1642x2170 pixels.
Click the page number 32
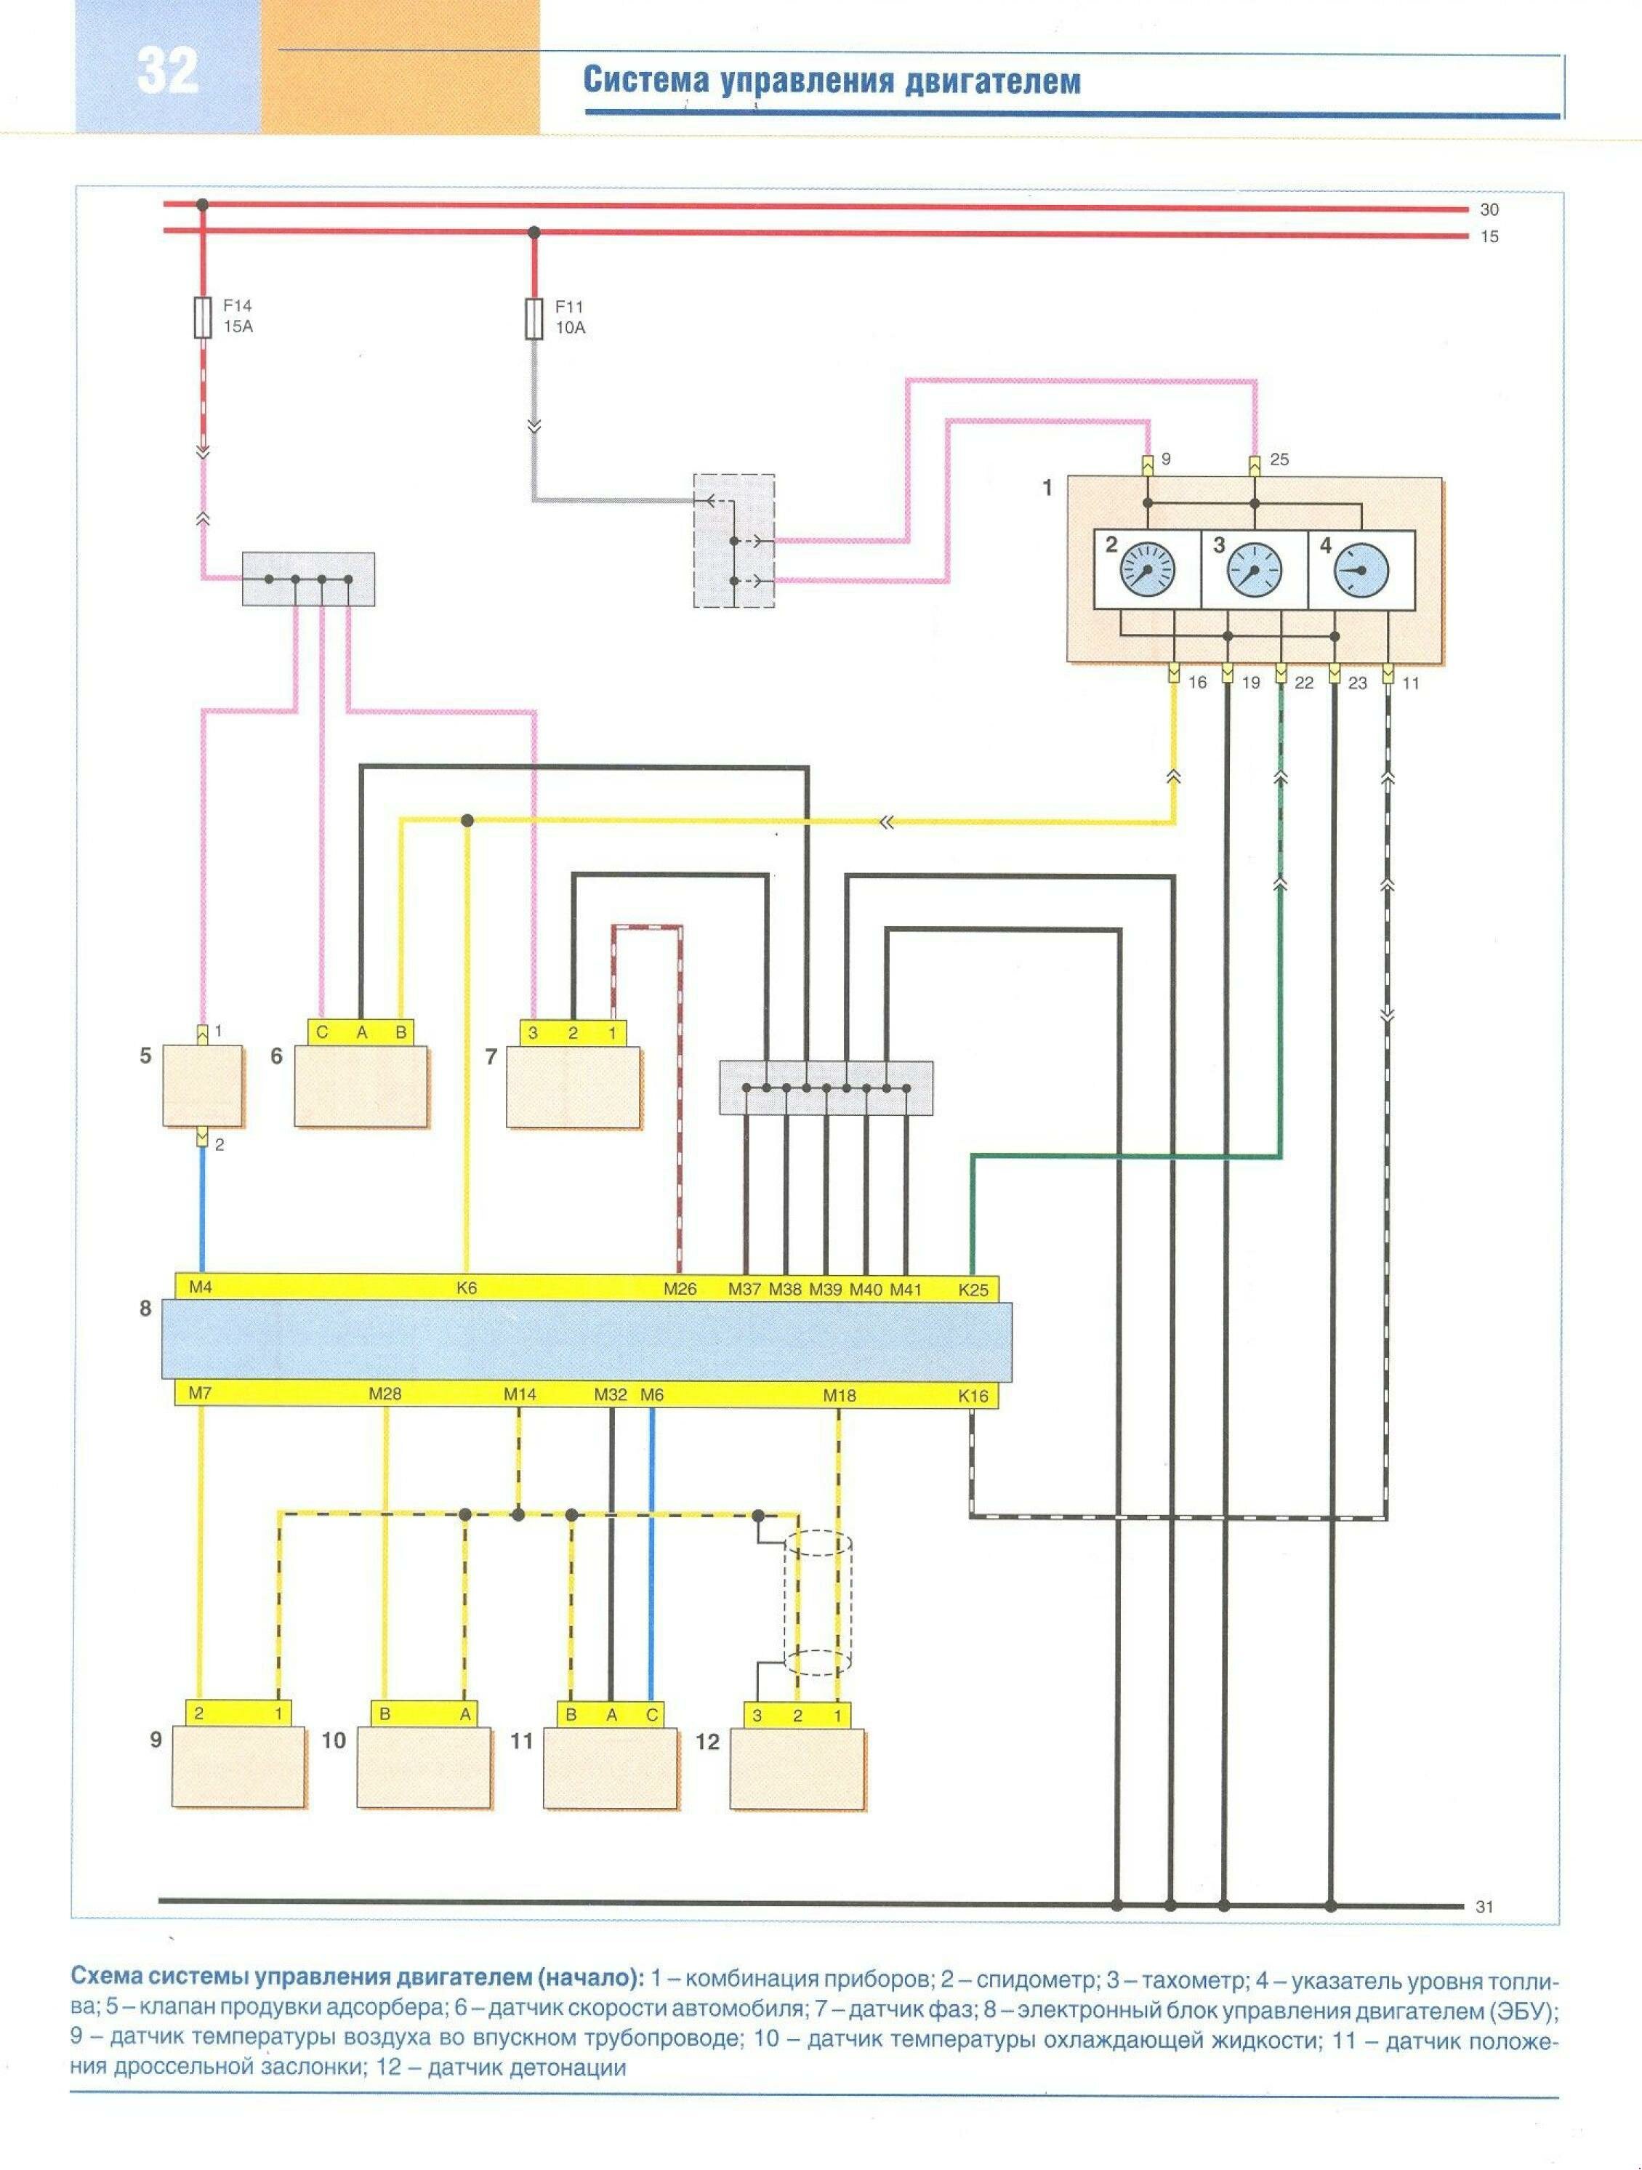[168, 71]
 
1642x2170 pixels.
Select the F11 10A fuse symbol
[534, 319]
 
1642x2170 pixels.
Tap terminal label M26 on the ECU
[680, 1289]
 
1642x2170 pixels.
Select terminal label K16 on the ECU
[973, 1396]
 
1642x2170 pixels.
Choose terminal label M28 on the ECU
[385, 1394]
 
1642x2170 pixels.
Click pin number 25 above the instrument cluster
[1279, 459]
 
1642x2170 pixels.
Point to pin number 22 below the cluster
[1303, 683]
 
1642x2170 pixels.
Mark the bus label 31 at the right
[1484, 1907]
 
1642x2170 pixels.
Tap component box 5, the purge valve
[202, 1086]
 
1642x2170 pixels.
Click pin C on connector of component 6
[322, 1032]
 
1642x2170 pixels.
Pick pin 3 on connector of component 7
[533, 1033]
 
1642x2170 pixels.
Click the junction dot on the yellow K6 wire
[468, 820]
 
